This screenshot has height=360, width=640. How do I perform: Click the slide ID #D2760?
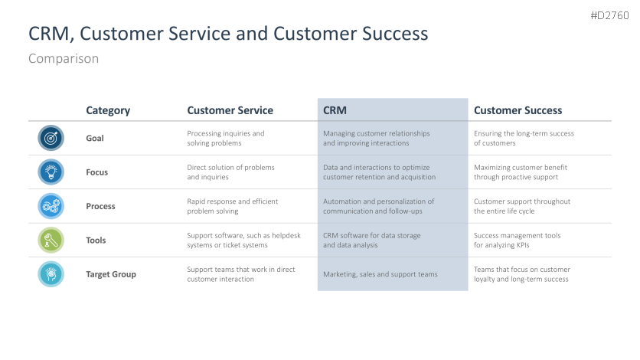coord(609,15)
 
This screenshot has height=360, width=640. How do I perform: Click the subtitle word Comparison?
coord(64,59)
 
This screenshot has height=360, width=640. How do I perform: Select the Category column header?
coord(108,110)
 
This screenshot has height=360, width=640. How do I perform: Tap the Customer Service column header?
coord(230,110)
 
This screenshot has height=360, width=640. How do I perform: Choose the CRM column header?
coord(335,110)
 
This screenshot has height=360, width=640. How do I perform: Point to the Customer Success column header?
coord(518,110)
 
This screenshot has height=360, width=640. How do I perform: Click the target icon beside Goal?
coord(51,138)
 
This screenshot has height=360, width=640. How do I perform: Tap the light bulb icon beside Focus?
coord(51,172)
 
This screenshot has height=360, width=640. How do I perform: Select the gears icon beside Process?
coord(51,206)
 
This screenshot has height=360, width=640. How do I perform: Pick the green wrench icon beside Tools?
coord(51,240)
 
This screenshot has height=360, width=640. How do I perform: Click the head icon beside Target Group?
coord(51,274)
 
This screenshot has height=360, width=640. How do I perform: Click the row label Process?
coord(100,206)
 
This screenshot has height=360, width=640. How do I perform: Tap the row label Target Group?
coord(111,274)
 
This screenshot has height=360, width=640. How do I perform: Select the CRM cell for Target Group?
coord(380,274)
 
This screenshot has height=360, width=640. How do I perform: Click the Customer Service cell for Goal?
coord(226,138)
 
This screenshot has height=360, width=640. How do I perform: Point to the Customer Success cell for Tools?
coord(518,240)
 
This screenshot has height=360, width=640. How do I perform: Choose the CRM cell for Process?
coord(378,206)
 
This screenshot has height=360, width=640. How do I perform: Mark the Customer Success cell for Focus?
coord(521,172)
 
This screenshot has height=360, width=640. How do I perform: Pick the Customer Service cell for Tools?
coord(243,240)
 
